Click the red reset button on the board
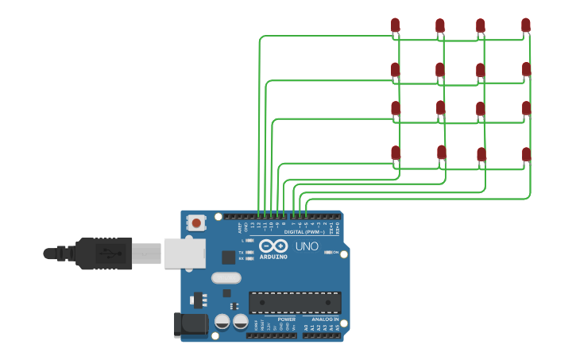(196, 223)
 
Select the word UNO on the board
(307, 246)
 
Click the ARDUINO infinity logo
(273, 246)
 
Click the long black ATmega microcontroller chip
(295, 302)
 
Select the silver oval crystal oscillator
(226, 278)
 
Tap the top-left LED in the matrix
(395, 26)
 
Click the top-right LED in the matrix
(525, 25)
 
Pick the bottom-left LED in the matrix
(396, 153)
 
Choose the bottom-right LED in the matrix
(526, 154)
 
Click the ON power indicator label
(335, 252)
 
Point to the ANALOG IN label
(324, 319)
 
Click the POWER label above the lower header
(286, 319)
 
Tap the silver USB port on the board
(184, 254)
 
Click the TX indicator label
(241, 252)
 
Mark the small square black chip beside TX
(229, 257)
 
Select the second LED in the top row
(439, 26)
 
